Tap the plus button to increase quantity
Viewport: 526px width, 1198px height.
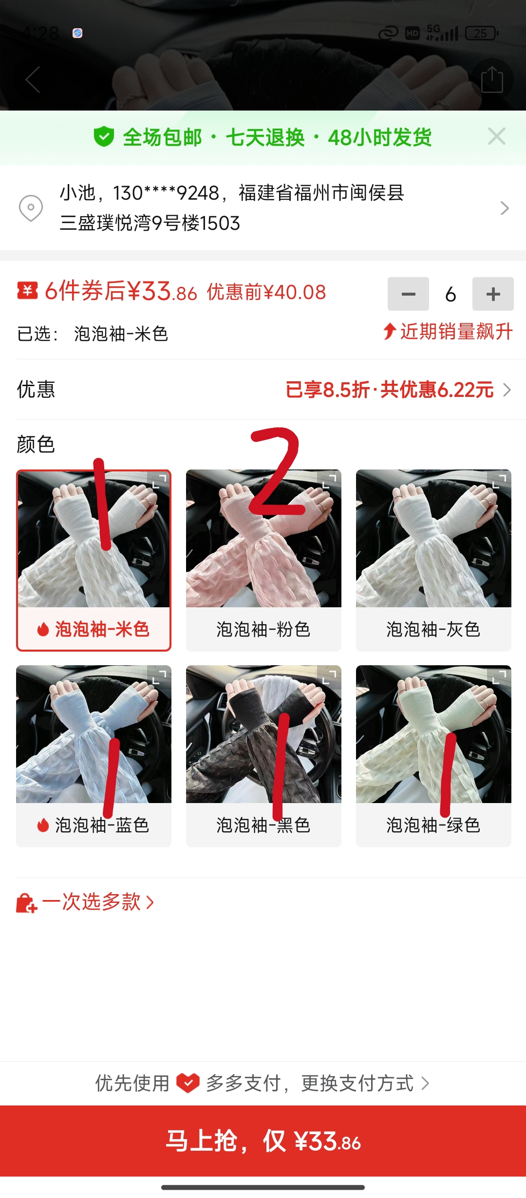tap(493, 294)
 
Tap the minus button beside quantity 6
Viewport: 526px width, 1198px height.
tap(408, 294)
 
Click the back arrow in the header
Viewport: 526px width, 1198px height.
tap(33, 79)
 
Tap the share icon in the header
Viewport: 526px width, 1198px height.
tap(492, 79)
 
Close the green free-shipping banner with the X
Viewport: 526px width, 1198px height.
tap(496, 137)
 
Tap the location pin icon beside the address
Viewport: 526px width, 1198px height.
tap(31, 208)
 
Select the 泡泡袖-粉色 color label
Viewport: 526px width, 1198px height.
tap(263, 629)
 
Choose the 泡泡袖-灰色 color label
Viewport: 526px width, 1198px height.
tap(433, 629)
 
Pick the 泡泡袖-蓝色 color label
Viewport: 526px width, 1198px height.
tap(102, 825)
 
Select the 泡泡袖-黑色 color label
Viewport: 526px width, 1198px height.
tap(263, 825)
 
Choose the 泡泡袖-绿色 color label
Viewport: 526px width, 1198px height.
tap(433, 825)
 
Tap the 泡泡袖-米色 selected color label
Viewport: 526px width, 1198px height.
tap(102, 629)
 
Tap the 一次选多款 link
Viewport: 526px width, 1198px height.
tap(92, 902)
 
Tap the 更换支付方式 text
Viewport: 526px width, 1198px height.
tap(357, 1083)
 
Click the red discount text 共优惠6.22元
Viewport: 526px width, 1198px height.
tap(437, 390)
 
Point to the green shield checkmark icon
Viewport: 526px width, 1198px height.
tap(104, 137)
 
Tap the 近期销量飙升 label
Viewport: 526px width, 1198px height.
tap(456, 332)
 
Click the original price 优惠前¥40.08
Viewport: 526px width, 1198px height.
tap(266, 292)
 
